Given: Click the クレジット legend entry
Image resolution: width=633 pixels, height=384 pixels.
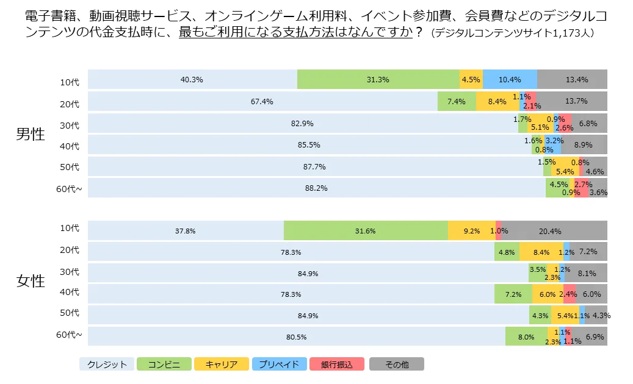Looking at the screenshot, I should tap(107, 364).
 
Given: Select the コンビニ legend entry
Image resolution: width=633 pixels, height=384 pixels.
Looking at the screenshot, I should tap(164, 364).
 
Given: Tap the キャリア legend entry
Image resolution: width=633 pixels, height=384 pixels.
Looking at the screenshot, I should tap(222, 364).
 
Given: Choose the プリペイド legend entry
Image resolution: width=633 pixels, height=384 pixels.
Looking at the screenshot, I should tap(279, 364).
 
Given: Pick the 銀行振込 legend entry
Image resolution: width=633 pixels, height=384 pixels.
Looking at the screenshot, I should tap(337, 364).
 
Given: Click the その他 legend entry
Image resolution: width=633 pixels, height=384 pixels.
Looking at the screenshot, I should tap(396, 364).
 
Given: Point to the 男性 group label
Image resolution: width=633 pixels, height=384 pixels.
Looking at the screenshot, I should tap(31, 134).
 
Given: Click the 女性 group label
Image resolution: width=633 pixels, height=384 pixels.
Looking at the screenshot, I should tap(31, 281).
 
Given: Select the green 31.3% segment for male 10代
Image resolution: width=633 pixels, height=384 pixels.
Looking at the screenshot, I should tap(378, 80).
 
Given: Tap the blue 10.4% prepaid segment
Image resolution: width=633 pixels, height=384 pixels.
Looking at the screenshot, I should tap(510, 80).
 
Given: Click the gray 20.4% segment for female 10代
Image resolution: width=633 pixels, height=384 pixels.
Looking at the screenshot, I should tap(554, 231).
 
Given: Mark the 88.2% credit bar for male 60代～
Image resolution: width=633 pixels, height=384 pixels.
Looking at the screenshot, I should tap(316, 188).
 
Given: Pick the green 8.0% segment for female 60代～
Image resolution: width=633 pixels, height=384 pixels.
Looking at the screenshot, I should tap(526, 336).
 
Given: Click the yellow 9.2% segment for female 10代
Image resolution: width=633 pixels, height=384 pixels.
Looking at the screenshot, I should tap(471, 231).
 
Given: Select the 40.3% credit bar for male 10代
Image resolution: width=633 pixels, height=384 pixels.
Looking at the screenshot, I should tap(192, 80).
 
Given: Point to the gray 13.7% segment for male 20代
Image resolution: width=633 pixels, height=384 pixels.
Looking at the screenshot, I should tap(572, 101).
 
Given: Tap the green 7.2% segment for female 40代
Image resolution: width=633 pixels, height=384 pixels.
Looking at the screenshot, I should tap(513, 294).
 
